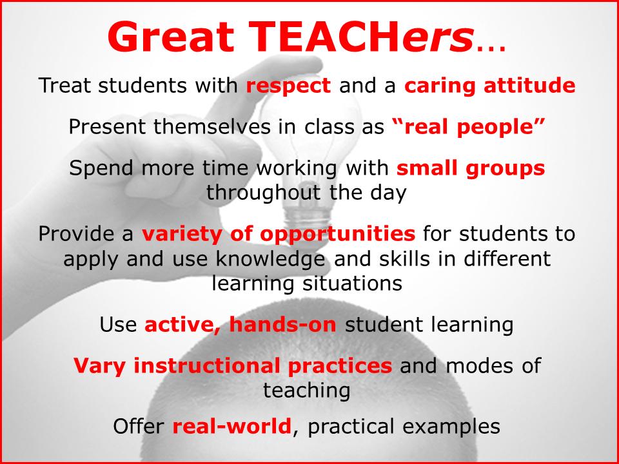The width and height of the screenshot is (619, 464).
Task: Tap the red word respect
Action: pyautogui.click(x=288, y=86)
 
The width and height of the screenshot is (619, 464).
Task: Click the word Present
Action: pyautogui.click(x=109, y=126)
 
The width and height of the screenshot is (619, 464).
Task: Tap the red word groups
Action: pyautogui.click(x=509, y=168)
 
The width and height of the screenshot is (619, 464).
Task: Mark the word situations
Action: pyautogui.click(x=348, y=282)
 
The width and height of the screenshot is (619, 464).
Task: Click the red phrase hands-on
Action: pyautogui.click(x=282, y=324)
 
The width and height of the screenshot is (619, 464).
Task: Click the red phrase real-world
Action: pyautogui.click(x=231, y=426)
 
